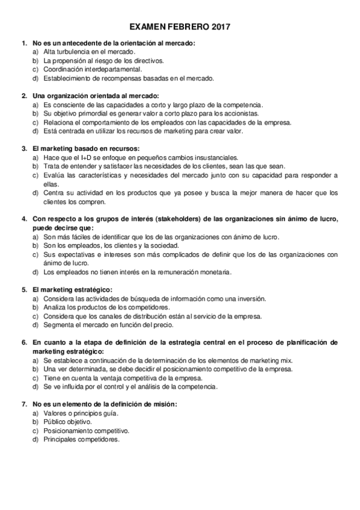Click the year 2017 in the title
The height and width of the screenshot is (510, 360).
pos(218,28)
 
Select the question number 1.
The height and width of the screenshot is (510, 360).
pos(23,43)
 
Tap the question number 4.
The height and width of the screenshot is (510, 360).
pos(23,219)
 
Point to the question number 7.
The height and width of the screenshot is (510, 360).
pos(23,404)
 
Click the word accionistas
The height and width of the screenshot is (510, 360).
pos(239,113)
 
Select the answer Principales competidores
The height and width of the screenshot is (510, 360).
pos(81,440)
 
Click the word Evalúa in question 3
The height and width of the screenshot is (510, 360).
pos(54,175)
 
